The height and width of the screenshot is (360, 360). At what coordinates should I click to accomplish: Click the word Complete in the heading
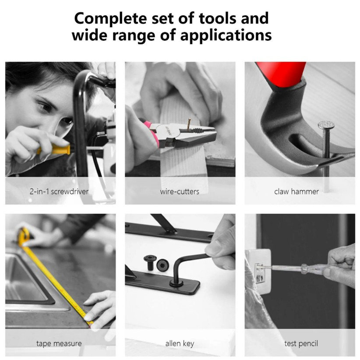111,19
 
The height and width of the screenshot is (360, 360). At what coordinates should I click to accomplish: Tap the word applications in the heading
226,36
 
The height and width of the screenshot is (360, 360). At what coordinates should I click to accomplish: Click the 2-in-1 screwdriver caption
59,191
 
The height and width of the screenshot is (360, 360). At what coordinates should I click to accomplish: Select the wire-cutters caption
180,191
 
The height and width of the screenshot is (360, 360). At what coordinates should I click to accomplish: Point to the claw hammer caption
296,191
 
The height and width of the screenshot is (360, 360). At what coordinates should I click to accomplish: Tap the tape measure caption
59,343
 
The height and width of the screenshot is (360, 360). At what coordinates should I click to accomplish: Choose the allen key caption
180,344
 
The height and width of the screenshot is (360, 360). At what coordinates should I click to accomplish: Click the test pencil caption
301,344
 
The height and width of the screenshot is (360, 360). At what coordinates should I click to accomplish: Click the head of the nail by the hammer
326,125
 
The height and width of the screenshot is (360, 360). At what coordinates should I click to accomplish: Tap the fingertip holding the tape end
88,318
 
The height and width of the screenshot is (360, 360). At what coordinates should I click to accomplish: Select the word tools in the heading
218,19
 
